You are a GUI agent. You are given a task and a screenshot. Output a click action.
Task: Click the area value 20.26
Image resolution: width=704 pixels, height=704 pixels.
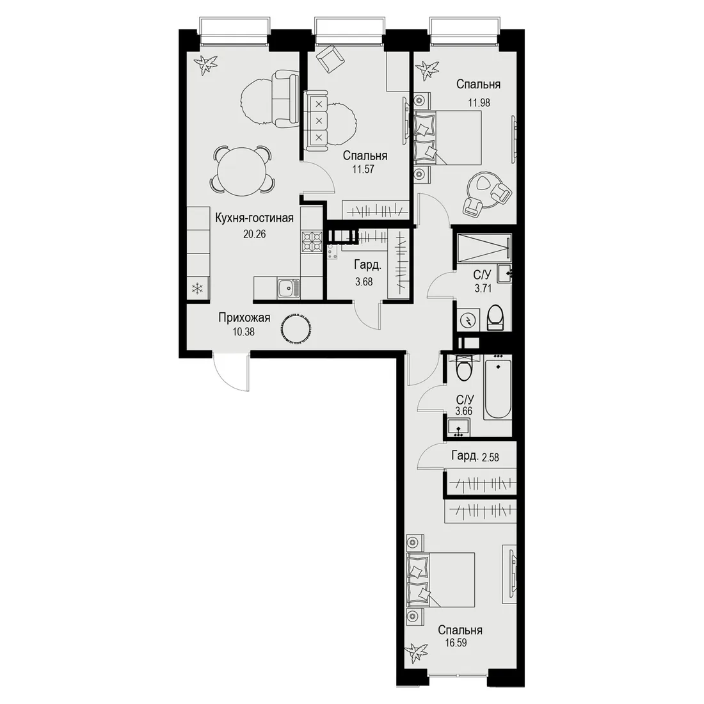(x=254, y=234)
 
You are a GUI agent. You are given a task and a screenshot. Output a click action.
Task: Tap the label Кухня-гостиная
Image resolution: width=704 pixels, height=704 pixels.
(x=254, y=218)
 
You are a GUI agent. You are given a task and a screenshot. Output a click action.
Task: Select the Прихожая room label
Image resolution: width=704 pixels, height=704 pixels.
(x=244, y=318)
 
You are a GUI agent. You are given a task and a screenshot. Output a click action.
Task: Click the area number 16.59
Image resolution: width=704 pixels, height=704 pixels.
(x=456, y=643)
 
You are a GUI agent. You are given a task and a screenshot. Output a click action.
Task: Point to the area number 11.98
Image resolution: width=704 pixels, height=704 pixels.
(x=479, y=102)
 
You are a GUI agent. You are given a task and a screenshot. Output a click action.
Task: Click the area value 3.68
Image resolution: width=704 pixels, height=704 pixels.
(x=364, y=282)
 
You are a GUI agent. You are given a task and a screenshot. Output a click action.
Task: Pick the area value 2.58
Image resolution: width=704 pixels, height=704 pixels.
(x=490, y=458)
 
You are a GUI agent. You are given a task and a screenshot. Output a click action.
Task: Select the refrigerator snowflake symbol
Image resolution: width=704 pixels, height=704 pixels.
(x=198, y=289)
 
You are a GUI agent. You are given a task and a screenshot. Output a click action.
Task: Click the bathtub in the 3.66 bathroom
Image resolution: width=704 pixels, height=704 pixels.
(x=497, y=387)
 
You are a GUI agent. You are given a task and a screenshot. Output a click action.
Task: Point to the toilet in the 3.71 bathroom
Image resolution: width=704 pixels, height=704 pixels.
(x=495, y=317)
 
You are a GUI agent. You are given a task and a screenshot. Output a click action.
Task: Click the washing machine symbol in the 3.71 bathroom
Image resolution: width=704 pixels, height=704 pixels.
(x=468, y=320)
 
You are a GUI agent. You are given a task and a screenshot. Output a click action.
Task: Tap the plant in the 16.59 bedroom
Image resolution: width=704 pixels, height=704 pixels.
(x=415, y=653)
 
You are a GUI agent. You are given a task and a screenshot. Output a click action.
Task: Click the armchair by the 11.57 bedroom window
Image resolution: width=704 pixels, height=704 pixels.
(x=331, y=58)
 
